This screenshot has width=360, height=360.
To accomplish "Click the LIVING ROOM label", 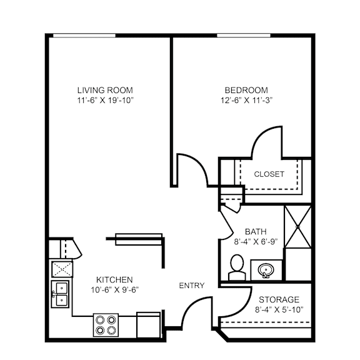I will point(105,89).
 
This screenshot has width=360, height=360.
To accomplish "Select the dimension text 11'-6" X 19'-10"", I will point(105,100).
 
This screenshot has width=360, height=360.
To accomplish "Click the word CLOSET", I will point(269,174).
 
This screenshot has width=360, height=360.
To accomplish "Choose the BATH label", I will point(255,230).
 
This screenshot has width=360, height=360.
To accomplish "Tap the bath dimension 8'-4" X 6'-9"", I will point(255,241).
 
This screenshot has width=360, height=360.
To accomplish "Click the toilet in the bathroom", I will point(237,267).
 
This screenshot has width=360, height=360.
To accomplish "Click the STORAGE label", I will point(278,299).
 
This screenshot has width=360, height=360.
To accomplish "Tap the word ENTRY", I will point(191,286).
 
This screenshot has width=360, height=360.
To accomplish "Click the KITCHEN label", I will point(114,279).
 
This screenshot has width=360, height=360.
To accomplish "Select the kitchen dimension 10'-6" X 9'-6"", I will point(114,290).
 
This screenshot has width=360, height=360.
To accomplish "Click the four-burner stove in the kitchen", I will point(104,324).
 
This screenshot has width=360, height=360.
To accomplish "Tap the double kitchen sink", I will point(61,294).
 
